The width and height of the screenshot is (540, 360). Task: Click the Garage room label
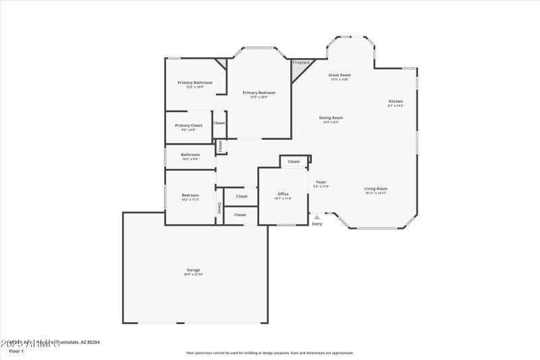[x=193, y=269]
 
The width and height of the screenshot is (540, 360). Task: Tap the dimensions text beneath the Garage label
[x=193, y=274]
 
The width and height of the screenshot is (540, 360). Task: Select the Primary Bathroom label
[x=195, y=82]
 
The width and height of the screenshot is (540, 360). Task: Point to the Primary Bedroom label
[x=259, y=93]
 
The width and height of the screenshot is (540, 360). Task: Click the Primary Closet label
[x=188, y=125]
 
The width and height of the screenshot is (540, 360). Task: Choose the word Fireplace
[x=301, y=62]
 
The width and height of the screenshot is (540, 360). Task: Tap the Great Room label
[x=340, y=75]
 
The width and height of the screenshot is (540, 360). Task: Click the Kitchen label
[x=396, y=101]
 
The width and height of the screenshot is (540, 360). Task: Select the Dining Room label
[x=331, y=118]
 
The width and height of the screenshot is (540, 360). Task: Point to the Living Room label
[x=376, y=188]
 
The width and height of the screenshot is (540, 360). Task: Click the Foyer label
[x=321, y=182]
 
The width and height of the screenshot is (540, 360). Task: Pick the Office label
[x=283, y=194]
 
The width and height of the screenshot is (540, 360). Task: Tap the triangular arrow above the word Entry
[x=317, y=217]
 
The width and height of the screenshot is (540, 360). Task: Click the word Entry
[x=317, y=224]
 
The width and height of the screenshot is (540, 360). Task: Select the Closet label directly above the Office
[x=294, y=162]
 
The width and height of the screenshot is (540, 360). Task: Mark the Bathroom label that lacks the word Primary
[x=190, y=155]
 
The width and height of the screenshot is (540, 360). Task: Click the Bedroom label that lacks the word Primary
[x=190, y=195]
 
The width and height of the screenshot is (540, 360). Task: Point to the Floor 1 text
[x=16, y=351]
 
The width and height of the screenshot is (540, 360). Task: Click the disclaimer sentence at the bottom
[x=269, y=353]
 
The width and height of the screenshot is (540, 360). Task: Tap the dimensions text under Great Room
[x=340, y=80]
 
